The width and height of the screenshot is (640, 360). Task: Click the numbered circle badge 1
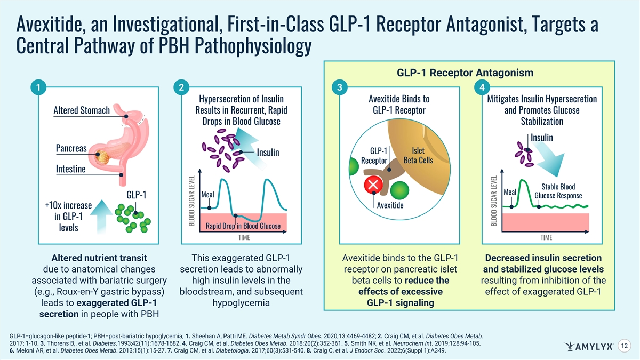point(38,87)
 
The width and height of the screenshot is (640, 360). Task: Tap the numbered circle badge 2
point(181,87)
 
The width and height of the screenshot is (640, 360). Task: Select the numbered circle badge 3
point(340,87)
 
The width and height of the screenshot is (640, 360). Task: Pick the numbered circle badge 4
point(482,87)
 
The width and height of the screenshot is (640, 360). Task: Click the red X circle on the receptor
point(373,185)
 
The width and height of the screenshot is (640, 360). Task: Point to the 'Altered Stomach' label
point(82,110)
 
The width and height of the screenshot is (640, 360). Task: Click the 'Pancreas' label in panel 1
point(71,148)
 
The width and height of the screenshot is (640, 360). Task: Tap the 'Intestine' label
point(70,169)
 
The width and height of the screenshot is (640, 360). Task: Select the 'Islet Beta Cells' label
point(418,155)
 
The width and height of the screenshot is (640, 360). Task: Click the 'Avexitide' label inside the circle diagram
point(390,205)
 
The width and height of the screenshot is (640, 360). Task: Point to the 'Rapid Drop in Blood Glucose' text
point(243,226)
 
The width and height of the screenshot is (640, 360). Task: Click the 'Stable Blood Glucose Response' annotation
point(558,191)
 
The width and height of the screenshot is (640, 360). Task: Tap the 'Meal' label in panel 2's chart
point(207,195)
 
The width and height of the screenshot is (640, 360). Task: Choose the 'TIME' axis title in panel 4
point(546,237)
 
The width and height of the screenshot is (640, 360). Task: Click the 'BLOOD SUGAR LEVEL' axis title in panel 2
point(191,201)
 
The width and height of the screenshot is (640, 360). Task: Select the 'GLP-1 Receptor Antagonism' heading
point(465,73)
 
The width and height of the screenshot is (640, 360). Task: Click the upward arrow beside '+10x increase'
point(101,217)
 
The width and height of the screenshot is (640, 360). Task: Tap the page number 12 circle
point(625,346)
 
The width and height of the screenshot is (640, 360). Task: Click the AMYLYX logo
point(588,347)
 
